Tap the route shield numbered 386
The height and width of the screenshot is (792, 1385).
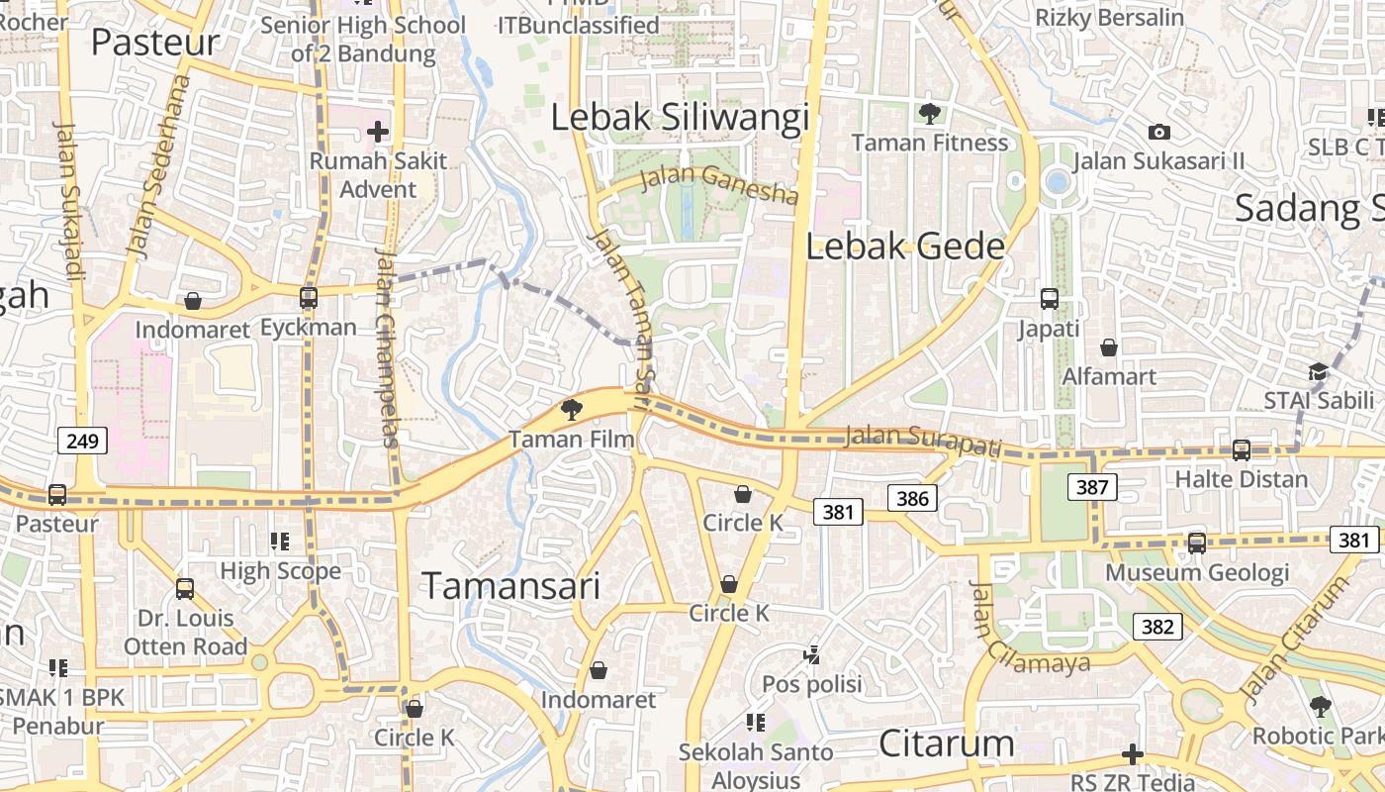pos(912,498)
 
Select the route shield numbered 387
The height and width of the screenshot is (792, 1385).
pos(1092,487)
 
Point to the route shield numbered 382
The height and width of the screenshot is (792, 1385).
pos(1157,626)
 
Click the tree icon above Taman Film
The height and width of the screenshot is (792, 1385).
pos(571,408)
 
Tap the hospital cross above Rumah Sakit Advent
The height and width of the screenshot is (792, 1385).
pos(377,131)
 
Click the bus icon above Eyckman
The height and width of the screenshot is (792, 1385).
pos(309,297)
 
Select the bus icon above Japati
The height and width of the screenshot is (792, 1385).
pos(1050,298)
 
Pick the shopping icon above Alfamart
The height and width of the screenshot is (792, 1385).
pos(1109,347)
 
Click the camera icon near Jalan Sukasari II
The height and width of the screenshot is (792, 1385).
pos(1159,132)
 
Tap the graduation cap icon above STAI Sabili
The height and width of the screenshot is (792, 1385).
pos(1318,371)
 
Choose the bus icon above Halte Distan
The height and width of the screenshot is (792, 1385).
pos(1242,449)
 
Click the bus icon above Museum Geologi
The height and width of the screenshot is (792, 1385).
pos(1197,543)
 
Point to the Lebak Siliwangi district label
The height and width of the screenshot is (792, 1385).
pos(680,117)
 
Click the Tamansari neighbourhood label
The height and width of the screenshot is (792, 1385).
pos(511,585)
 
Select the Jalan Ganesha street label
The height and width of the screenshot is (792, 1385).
pos(719,182)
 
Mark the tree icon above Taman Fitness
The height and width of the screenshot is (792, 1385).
pos(929,113)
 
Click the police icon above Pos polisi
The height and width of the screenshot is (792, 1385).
pos(812,653)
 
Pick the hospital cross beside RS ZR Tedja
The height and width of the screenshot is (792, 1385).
pos(1133,755)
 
